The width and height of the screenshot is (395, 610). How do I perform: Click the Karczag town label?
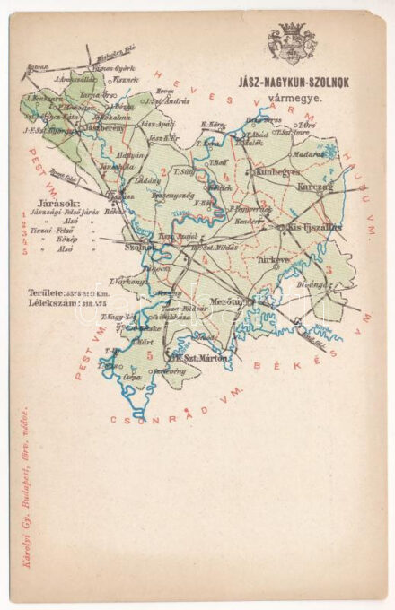(x=314, y=189)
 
